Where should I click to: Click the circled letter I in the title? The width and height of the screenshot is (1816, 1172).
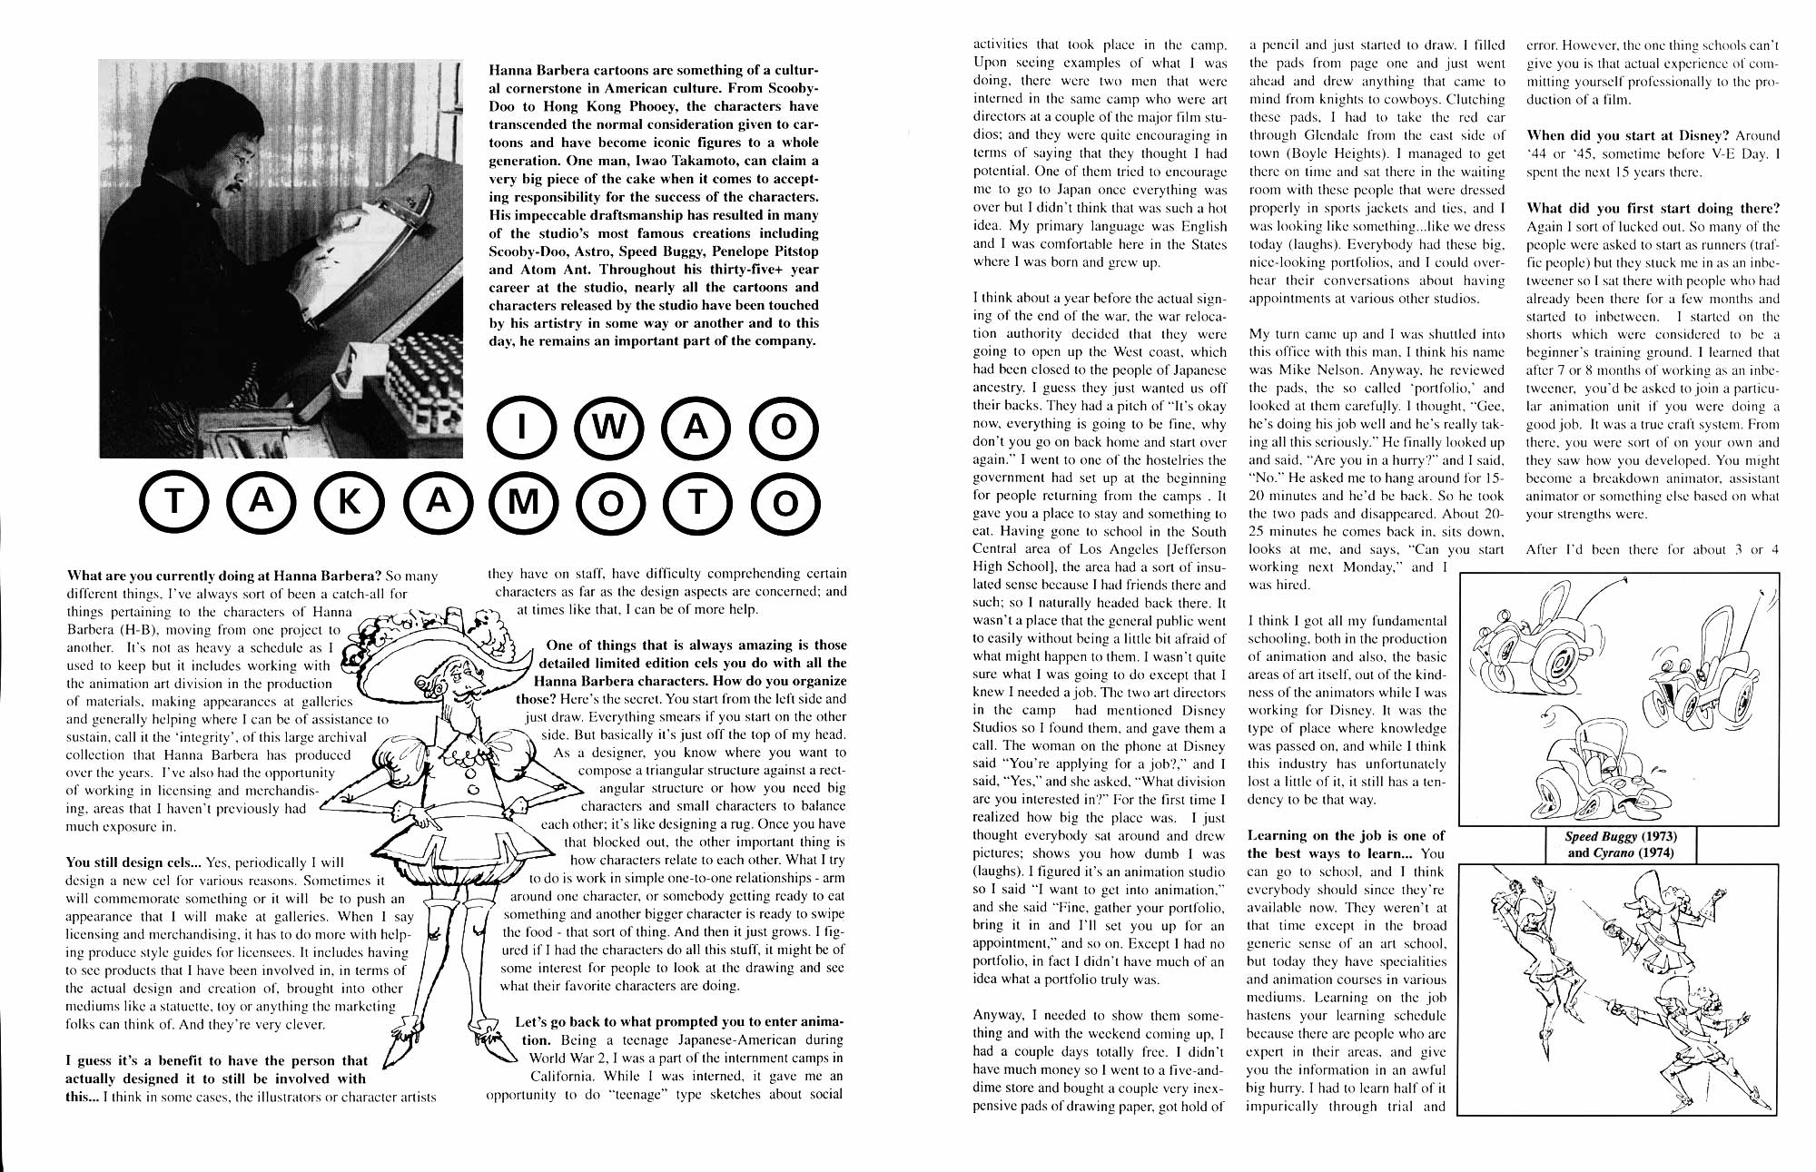(519, 429)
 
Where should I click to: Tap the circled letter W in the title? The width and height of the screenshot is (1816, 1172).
(607, 429)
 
